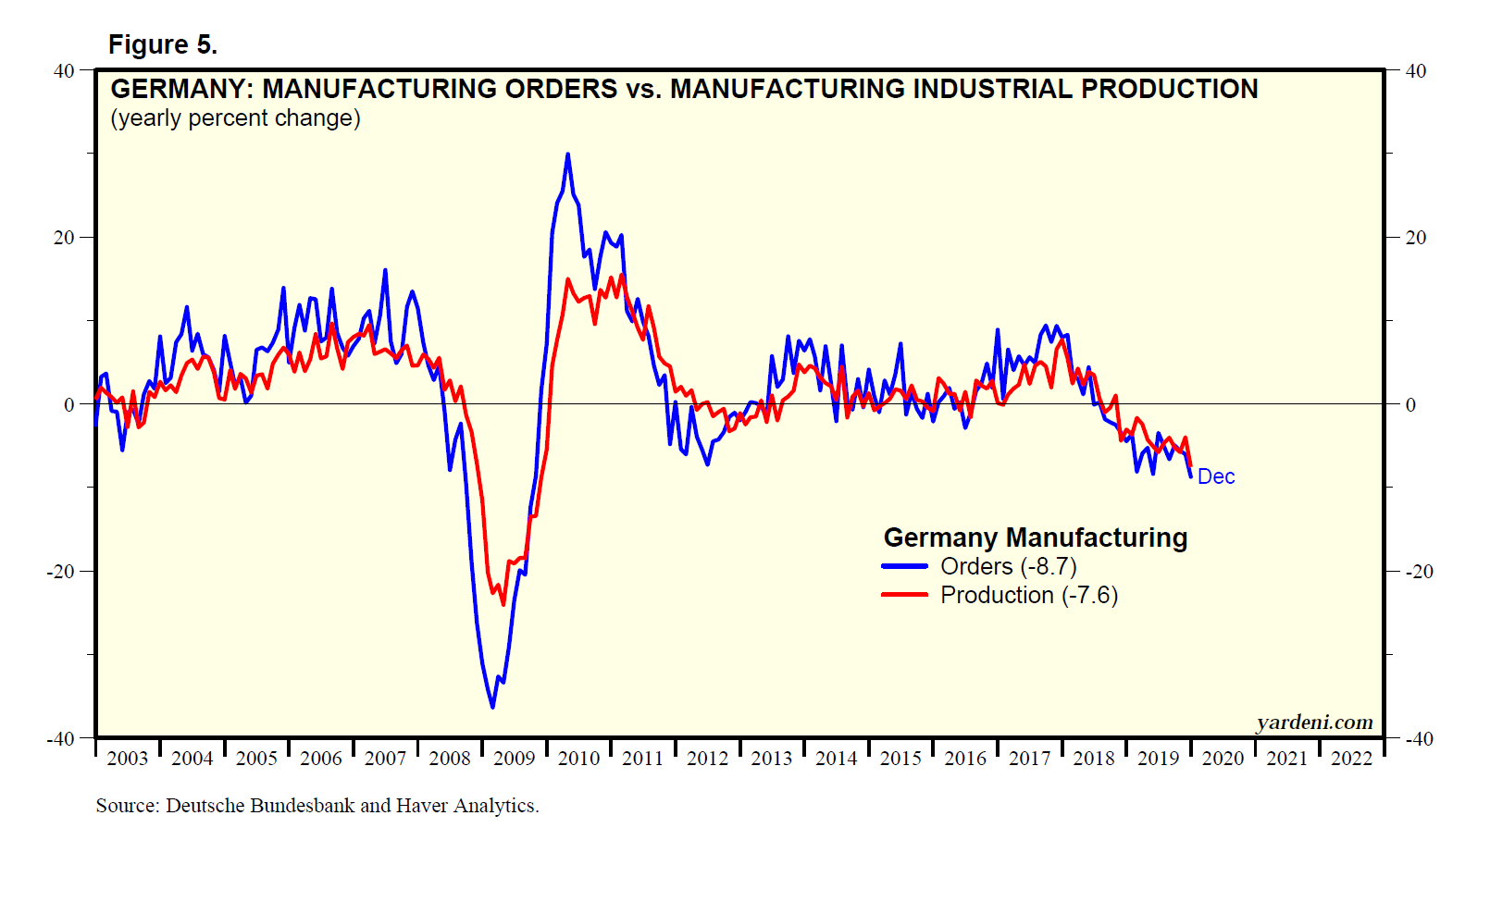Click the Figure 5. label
point(163,44)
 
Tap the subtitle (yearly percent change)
point(235,118)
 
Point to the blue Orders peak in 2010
point(567,154)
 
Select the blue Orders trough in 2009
point(492,707)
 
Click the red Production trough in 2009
point(503,603)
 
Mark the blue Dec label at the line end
point(1216,476)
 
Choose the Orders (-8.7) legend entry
point(1008,566)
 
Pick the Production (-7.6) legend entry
point(1028,595)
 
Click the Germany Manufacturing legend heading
point(1035,537)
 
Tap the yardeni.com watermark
point(1314,723)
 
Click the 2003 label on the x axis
point(128,759)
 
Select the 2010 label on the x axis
point(578,759)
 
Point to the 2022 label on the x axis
point(1351,759)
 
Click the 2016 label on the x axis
point(965,759)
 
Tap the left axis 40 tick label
point(64,70)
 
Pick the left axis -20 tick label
point(60,571)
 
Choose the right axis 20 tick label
point(1416,238)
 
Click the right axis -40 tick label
point(1419,738)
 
